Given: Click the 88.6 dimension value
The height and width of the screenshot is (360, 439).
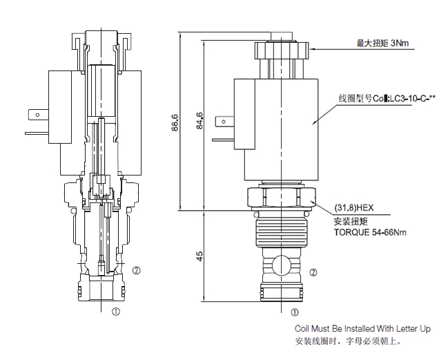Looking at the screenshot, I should click(x=175, y=124).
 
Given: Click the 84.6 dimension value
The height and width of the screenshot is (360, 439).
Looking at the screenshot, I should click(x=199, y=124).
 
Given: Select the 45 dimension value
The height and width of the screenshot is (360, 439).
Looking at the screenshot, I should click(x=199, y=256).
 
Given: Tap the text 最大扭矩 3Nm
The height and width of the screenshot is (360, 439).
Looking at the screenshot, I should click(x=382, y=44).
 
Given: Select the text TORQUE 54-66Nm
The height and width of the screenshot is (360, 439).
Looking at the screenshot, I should click(x=370, y=233).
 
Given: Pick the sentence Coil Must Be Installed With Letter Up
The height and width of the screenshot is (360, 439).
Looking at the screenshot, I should click(x=362, y=328).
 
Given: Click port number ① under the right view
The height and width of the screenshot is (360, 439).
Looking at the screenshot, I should click(x=295, y=312).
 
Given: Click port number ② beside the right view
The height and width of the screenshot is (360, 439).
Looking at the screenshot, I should click(x=313, y=272).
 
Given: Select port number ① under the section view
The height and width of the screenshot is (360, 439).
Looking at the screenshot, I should click(x=115, y=312).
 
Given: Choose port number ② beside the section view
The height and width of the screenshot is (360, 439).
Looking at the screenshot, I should click(x=137, y=270).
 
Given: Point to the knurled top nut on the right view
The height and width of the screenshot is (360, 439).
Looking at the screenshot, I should click(x=281, y=50).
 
